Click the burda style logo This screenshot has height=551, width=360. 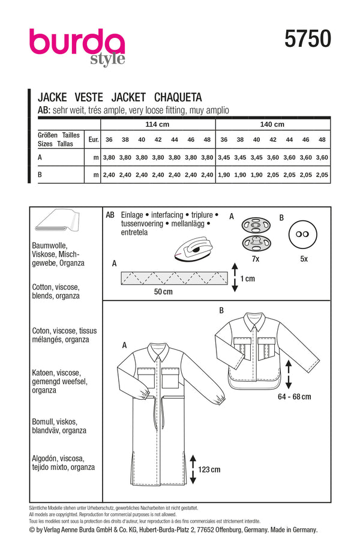pyautogui.click(x=77, y=46)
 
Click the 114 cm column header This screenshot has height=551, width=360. pyautogui.click(x=157, y=125)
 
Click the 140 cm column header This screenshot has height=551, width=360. pyautogui.click(x=272, y=125)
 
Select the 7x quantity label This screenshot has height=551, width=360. pyautogui.click(x=255, y=260)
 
